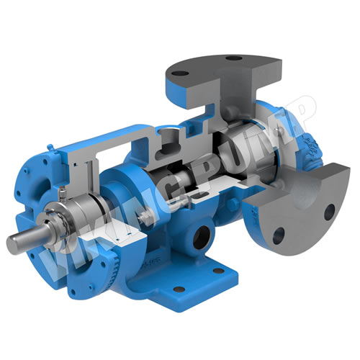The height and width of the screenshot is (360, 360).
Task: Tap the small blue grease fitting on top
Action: coord(50,147)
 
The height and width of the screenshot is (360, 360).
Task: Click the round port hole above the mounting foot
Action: coord(202,238)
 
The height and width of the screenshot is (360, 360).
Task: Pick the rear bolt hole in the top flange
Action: coord(233,58)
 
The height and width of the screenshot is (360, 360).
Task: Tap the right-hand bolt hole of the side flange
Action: coord(329,212)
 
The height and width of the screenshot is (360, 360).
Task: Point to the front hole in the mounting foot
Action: coord(179,289)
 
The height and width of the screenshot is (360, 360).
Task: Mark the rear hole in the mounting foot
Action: coord(218,271)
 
